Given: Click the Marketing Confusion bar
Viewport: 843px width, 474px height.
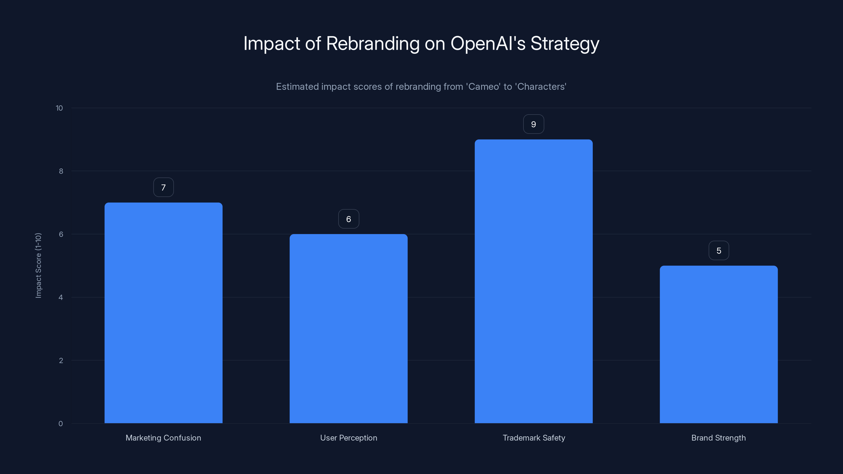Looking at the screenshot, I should tap(163, 313).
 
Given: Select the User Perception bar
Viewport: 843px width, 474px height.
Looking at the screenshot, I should tap(349, 328).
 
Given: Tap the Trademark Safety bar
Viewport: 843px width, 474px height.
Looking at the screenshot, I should tap(533, 281).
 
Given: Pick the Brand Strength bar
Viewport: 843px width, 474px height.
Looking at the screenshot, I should tap(719, 344).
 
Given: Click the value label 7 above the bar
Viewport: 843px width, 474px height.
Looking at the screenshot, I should tap(163, 187).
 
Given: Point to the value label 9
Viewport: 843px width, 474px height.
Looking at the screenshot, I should tap(533, 124).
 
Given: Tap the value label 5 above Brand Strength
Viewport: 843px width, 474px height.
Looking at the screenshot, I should tap(719, 251).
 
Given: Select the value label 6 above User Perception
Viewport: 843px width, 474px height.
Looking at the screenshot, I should tap(349, 219).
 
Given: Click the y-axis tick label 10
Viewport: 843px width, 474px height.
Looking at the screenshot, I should tap(59, 108).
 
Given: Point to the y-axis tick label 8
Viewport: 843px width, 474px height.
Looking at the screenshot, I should tap(61, 171).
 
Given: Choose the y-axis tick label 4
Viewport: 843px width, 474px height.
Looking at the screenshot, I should tap(61, 297).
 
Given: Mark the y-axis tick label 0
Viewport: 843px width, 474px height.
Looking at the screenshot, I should tap(61, 424).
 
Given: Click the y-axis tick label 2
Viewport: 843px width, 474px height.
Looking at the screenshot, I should tap(61, 361).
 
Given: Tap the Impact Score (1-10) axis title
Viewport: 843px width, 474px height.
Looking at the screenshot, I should tap(38, 265).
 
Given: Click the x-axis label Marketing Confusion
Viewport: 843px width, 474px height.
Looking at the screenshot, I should tap(163, 438).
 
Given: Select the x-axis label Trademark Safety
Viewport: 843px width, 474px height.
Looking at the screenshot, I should tap(534, 438).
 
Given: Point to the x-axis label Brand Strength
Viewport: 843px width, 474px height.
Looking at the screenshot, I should tap(719, 438).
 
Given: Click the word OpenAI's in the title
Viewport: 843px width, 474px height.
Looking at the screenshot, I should tap(488, 43).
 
